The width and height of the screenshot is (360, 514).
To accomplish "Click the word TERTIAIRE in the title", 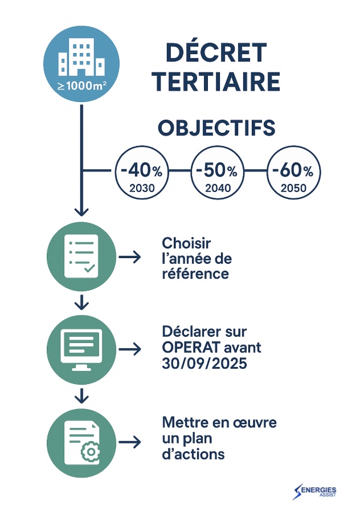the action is [x=216, y=81].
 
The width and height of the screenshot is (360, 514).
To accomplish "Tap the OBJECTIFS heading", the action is [x=216, y=128].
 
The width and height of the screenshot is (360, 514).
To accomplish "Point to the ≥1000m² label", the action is [x=82, y=88].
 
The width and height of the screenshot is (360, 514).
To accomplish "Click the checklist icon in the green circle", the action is [x=81, y=257].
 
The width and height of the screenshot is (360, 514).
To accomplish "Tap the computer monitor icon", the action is [x=81, y=349].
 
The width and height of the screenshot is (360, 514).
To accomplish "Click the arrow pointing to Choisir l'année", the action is [x=132, y=258].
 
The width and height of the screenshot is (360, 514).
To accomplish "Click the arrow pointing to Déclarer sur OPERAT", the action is [x=132, y=349].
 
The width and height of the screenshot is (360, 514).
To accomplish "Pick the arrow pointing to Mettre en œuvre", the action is [x=132, y=442].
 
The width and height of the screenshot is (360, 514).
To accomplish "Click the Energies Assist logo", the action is [x=315, y=491].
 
